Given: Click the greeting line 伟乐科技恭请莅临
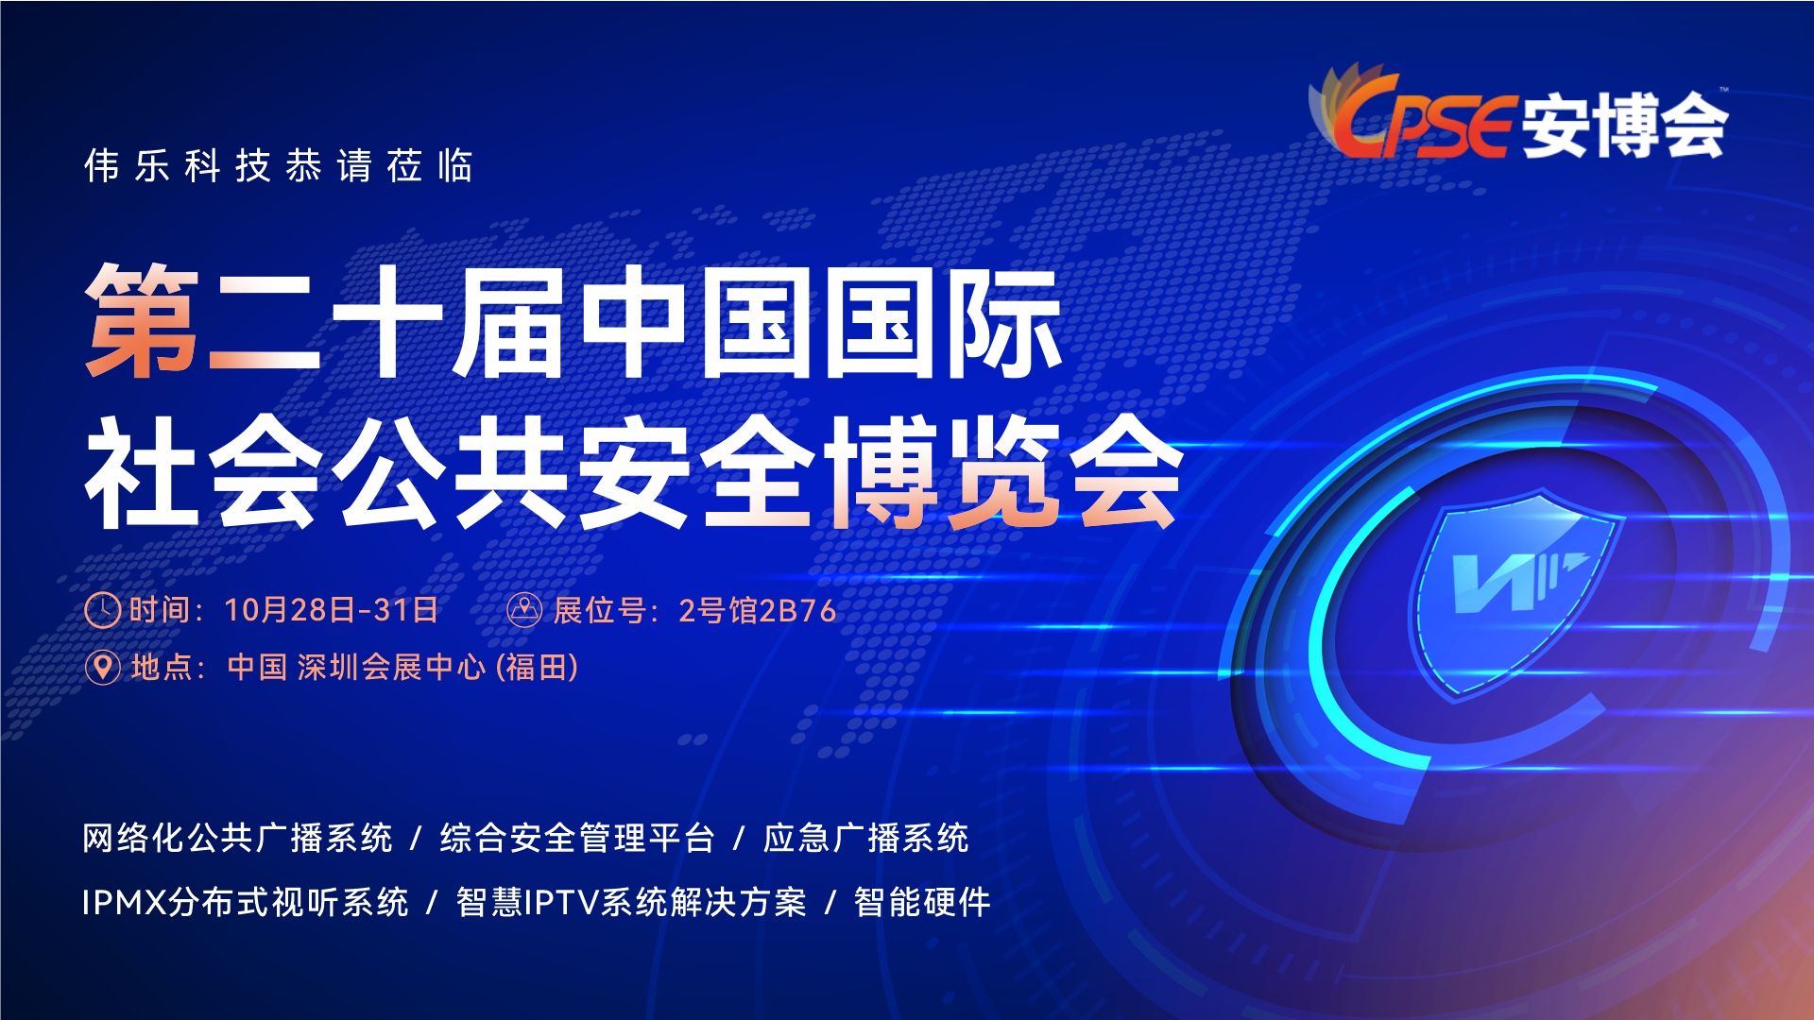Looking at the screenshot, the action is [x=279, y=166].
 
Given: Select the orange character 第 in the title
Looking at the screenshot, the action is [x=143, y=321].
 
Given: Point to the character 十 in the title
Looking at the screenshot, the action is [x=388, y=321].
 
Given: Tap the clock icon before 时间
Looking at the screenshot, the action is [x=102, y=610].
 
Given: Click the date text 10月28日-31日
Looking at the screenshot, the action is [x=331, y=610].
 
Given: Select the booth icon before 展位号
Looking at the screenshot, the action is [x=524, y=610].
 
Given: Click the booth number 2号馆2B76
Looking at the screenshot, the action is [x=758, y=611].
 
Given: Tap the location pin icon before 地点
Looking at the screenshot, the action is [x=102, y=668].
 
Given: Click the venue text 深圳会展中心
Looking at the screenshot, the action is [x=392, y=668].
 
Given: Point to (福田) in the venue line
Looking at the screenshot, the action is [x=537, y=668].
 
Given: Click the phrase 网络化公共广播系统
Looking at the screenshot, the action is [x=237, y=838].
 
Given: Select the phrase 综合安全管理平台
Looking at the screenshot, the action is [x=577, y=838].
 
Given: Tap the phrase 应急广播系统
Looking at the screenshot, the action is [x=865, y=838].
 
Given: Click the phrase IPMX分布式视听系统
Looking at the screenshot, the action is [x=246, y=902].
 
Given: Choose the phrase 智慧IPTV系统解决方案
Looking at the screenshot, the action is [x=631, y=902].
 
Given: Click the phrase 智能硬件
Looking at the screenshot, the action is [x=922, y=902].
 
